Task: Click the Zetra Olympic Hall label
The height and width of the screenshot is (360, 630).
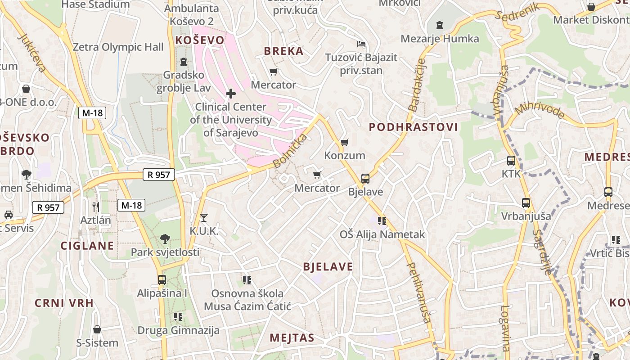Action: tap(118, 47)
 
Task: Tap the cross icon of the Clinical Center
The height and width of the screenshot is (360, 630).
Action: tap(231, 94)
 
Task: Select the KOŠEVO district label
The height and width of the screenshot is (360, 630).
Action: tap(199, 40)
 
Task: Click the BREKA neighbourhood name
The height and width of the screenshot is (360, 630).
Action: tap(283, 51)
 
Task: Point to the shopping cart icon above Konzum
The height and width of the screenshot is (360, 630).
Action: tap(345, 142)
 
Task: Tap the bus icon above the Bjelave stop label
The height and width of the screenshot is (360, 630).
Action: tap(365, 179)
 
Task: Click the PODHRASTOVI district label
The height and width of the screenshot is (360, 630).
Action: tap(413, 127)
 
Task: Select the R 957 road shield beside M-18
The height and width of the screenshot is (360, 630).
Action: tap(158, 175)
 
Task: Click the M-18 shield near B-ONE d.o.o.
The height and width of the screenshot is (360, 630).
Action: tap(92, 113)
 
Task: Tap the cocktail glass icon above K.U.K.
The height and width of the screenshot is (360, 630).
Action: tap(204, 218)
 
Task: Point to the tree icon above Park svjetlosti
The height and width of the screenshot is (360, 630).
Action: tap(165, 238)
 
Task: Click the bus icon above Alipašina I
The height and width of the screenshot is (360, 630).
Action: tap(162, 280)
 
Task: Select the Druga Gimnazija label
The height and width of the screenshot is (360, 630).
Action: tap(178, 330)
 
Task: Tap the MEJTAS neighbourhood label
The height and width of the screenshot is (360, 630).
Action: tap(292, 338)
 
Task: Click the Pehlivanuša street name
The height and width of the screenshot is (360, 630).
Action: tap(419, 292)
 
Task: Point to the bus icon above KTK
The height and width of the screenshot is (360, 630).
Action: tap(511, 161)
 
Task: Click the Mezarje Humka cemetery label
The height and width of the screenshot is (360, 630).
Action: tap(440, 39)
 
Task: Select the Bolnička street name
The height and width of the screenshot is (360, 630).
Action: tap(290, 151)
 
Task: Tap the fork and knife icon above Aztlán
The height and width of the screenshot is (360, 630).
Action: tap(95, 207)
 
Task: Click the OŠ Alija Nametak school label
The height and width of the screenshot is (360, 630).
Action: tap(382, 234)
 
